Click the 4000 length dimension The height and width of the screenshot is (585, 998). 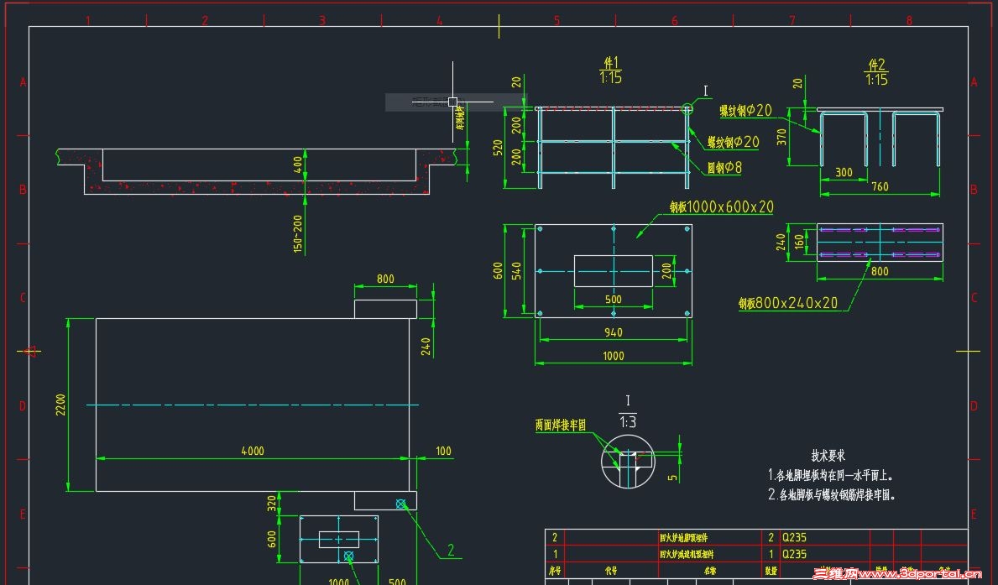coord(253,451)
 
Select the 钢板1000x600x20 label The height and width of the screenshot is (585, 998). coord(721,206)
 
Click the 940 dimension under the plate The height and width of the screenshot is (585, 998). coord(614,332)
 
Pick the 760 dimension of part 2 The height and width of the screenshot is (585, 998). coord(879,186)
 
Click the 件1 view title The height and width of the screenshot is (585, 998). coord(610,63)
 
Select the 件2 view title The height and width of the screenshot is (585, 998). coord(877,65)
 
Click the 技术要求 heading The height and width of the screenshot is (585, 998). coord(828,455)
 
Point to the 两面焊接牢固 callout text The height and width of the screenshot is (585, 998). coord(561,426)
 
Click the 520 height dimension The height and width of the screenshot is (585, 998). coord(497,149)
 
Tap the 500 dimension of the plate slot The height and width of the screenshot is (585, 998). coord(614,300)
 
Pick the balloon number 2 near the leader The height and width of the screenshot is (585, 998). coord(450,551)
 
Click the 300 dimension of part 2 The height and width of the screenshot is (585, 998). coord(844,173)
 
